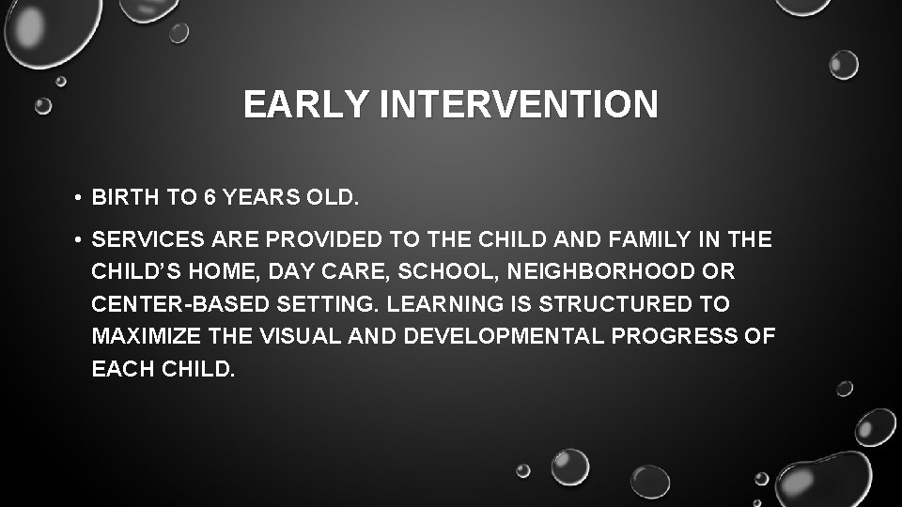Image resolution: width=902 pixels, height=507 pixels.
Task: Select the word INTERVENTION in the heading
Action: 520,104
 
